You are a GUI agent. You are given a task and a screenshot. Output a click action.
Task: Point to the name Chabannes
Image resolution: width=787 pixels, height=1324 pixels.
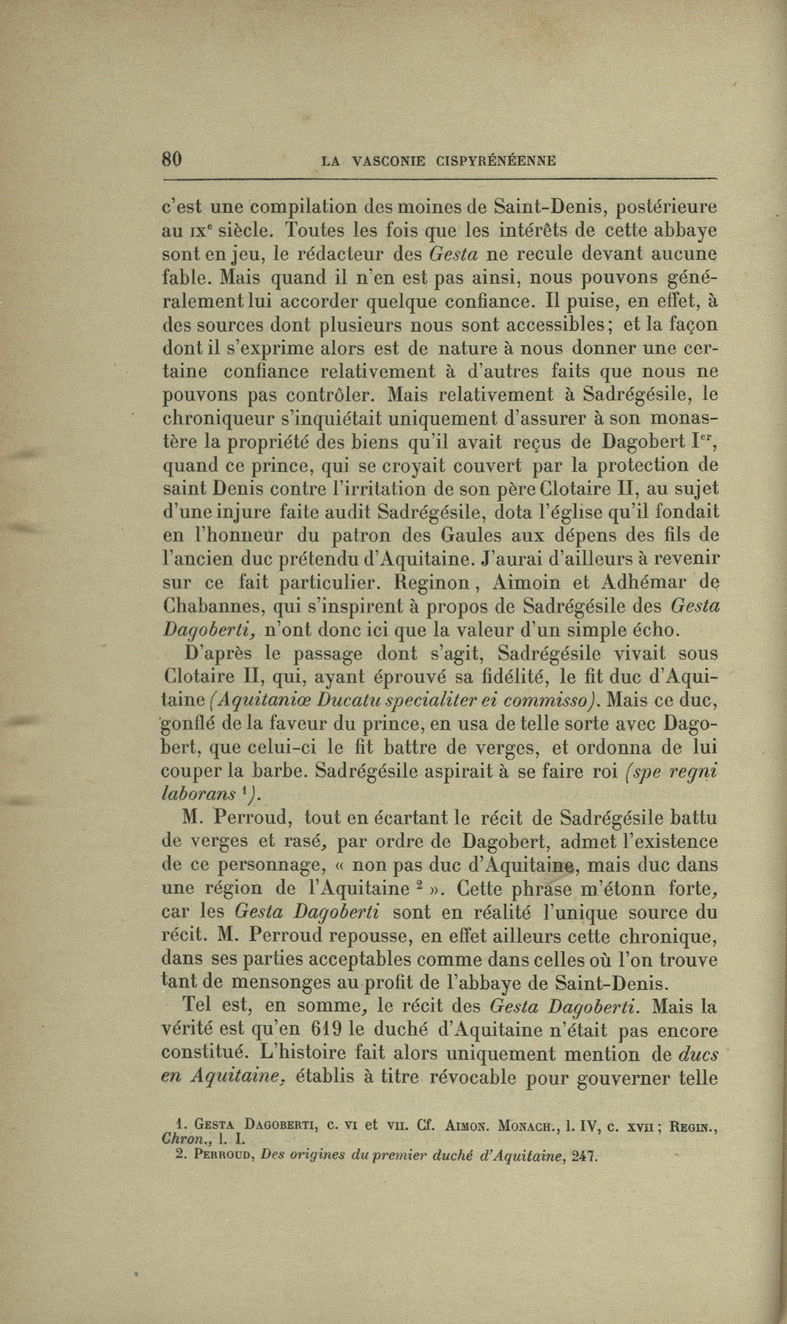click(x=212, y=607)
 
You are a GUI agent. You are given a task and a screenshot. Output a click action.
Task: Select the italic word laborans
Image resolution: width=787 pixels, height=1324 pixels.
click(x=197, y=794)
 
